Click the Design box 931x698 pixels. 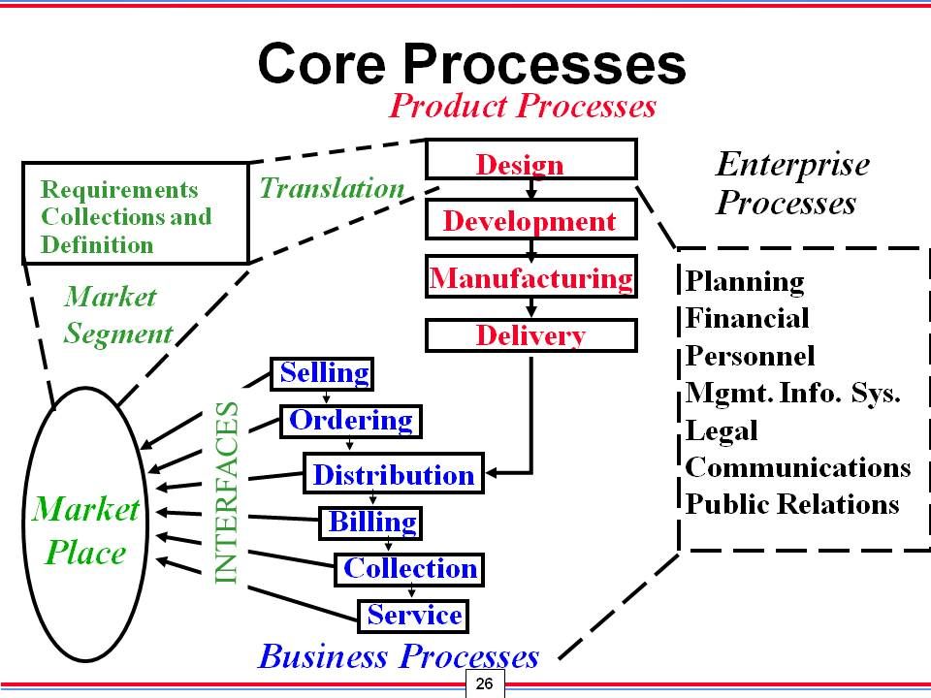tap(531, 159)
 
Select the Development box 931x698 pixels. tap(531, 220)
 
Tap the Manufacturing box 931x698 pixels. tap(531, 276)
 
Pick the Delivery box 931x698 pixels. tap(531, 335)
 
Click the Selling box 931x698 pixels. tap(322, 374)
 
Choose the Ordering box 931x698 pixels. tap(351, 422)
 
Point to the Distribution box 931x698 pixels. tap(394, 473)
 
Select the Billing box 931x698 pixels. tap(370, 523)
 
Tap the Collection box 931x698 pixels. tap(409, 570)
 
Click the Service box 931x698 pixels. tap(413, 617)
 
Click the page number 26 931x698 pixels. tap(485, 683)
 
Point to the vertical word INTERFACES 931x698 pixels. tap(226, 493)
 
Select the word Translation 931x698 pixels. tap(332, 188)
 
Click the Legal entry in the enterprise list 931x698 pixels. tap(722, 430)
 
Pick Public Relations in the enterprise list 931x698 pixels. tap(792, 504)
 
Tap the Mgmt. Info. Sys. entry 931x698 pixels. tap(793, 393)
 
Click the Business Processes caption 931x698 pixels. tap(399, 656)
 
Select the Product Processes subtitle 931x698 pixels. tap(523, 106)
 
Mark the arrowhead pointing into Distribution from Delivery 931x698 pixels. tap(493, 473)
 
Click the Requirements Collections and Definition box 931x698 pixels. tap(136, 212)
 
